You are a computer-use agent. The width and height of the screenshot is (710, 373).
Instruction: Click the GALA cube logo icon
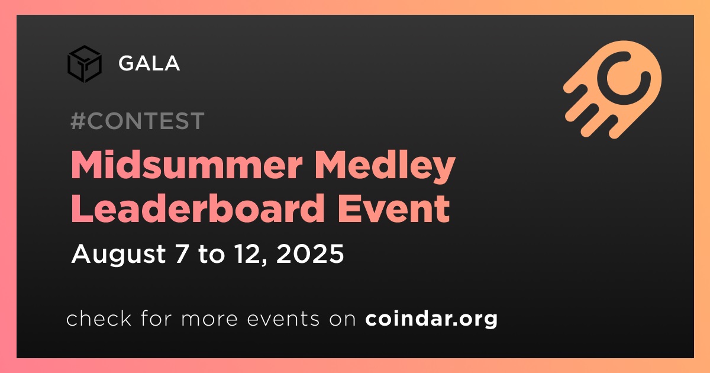pos(85,64)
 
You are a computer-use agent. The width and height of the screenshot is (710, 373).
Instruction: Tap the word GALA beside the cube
pos(149,63)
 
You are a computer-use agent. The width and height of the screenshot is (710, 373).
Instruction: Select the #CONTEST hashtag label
pos(137,121)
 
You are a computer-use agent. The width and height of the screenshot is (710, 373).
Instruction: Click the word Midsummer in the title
pos(187,165)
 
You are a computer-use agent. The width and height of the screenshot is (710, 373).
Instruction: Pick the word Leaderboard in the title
pos(198,208)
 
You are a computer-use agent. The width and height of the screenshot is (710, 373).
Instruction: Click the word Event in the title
pos(393,208)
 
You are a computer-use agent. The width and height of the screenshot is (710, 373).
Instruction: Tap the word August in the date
pos(118,255)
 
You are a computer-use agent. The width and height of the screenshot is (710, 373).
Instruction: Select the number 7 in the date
pos(182,254)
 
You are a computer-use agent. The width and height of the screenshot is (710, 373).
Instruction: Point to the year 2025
pos(310,254)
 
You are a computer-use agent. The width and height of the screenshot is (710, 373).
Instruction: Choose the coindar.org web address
pos(431,319)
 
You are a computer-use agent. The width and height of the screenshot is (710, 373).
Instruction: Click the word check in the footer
pos(99,318)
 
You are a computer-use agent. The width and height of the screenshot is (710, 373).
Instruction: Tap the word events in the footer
pos(283,319)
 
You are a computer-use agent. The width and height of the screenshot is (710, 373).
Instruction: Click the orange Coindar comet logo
pos(613,89)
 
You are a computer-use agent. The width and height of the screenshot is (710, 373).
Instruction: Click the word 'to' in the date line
pos(211,255)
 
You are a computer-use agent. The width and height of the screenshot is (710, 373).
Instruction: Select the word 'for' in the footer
pos(156,318)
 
